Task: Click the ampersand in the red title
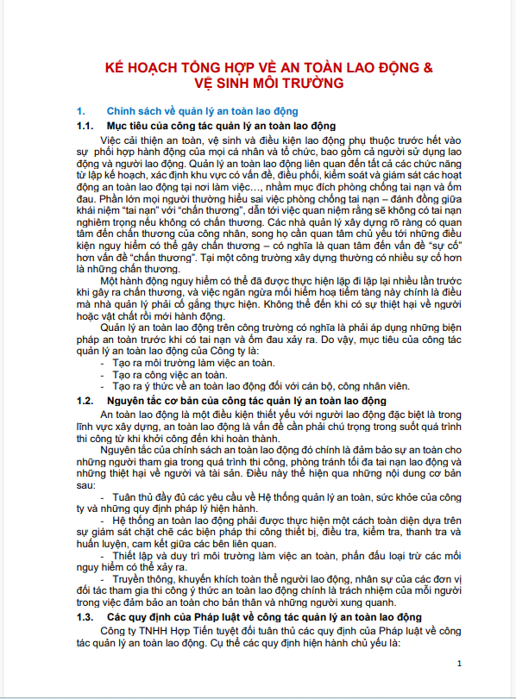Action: tap(427, 66)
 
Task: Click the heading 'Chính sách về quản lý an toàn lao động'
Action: tap(202, 112)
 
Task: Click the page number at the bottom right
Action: tap(460, 663)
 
